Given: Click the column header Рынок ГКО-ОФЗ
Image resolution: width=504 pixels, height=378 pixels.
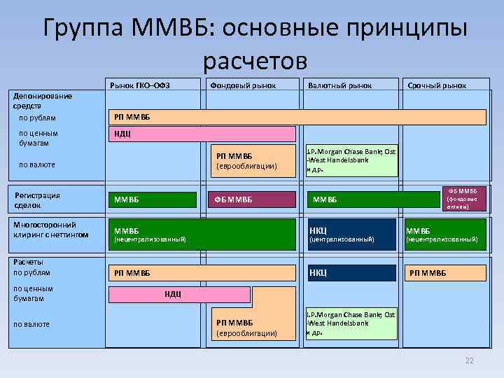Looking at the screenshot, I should [140, 85].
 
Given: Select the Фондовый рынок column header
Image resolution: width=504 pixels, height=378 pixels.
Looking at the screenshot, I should [242, 85].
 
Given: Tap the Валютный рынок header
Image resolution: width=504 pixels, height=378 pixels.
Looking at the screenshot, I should [339, 85].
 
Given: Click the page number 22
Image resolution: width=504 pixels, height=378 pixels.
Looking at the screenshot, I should [470, 360].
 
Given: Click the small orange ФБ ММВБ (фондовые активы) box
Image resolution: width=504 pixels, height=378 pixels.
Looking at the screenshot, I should [461, 199].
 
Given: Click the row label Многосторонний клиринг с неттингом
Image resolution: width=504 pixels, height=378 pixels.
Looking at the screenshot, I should [51, 230].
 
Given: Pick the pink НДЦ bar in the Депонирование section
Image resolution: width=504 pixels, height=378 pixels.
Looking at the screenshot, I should [201, 134].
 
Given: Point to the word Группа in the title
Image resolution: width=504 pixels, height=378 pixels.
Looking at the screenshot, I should [84, 30].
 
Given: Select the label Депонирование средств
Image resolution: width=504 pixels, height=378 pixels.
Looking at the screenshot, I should [43, 100].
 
